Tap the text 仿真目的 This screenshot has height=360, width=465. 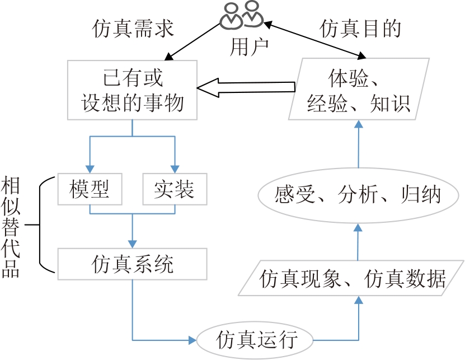click(x=361, y=29)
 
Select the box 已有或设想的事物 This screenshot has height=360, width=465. click(x=133, y=90)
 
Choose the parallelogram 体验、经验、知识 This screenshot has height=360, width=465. click(x=359, y=90)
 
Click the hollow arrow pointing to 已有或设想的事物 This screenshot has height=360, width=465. click(x=246, y=87)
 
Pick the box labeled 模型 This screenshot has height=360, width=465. click(x=90, y=190)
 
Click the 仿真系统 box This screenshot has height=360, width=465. click(x=133, y=264)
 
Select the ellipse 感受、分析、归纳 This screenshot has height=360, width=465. click(x=358, y=195)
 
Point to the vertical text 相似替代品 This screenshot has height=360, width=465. click(x=11, y=227)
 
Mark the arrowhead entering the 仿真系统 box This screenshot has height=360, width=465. click(x=133, y=244)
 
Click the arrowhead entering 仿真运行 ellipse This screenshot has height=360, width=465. click(x=191, y=340)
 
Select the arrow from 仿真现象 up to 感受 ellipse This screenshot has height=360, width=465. click(x=359, y=241)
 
